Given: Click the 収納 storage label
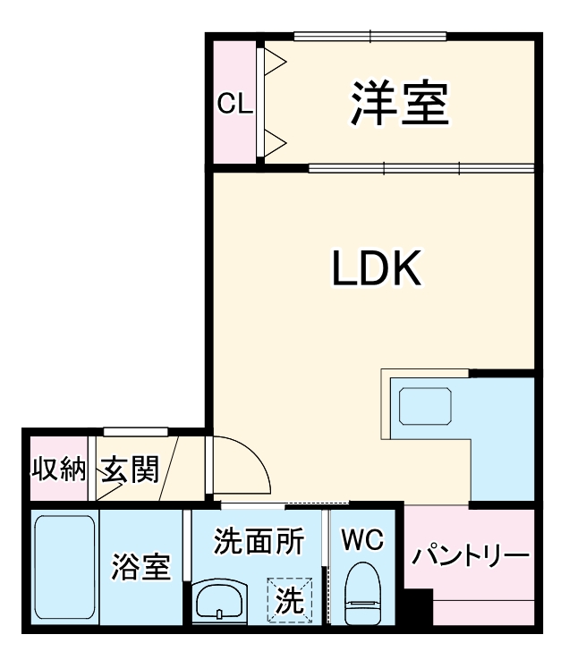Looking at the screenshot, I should [x=58, y=470].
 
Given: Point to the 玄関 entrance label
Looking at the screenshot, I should [x=130, y=470].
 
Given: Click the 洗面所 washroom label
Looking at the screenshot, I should [x=259, y=541].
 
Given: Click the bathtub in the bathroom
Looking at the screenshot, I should [x=64, y=570].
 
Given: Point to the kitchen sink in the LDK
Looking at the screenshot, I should [x=426, y=406].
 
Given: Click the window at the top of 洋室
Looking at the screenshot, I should [x=370, y=37].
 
